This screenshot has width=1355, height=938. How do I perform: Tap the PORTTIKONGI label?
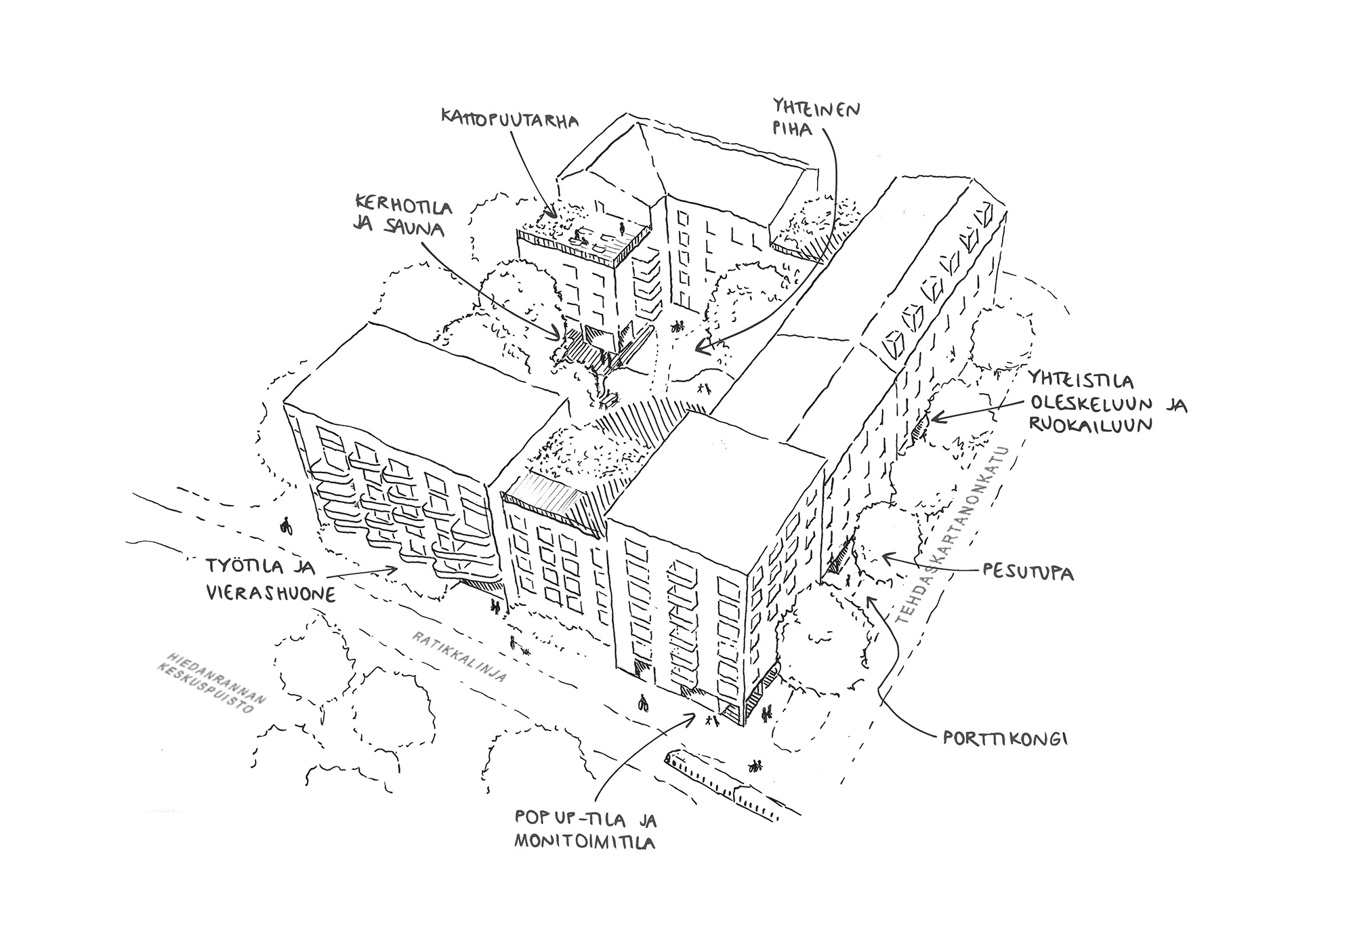tap(1005, 739)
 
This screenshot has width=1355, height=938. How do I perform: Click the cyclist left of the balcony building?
tap(286, 526)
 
